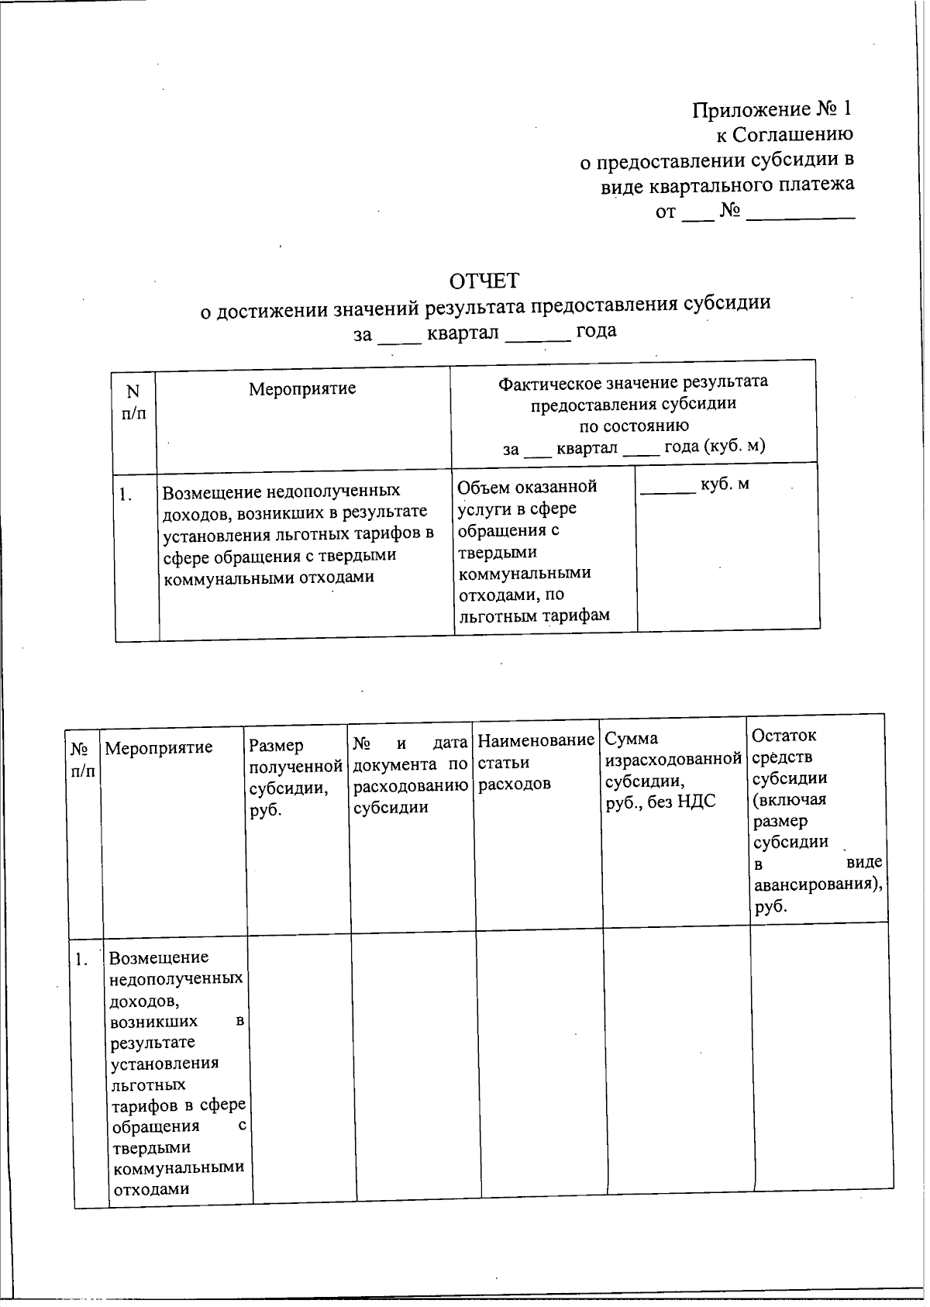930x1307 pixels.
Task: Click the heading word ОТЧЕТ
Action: [485, 280]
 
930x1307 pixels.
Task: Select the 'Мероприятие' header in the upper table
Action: [302, 388]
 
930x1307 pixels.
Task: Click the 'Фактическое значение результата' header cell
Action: [633, 414]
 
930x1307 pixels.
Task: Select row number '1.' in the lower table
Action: [82, 959]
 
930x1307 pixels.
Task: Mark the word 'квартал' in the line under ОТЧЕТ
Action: [462, 332]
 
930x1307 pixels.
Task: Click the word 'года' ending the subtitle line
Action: [596, 330]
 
